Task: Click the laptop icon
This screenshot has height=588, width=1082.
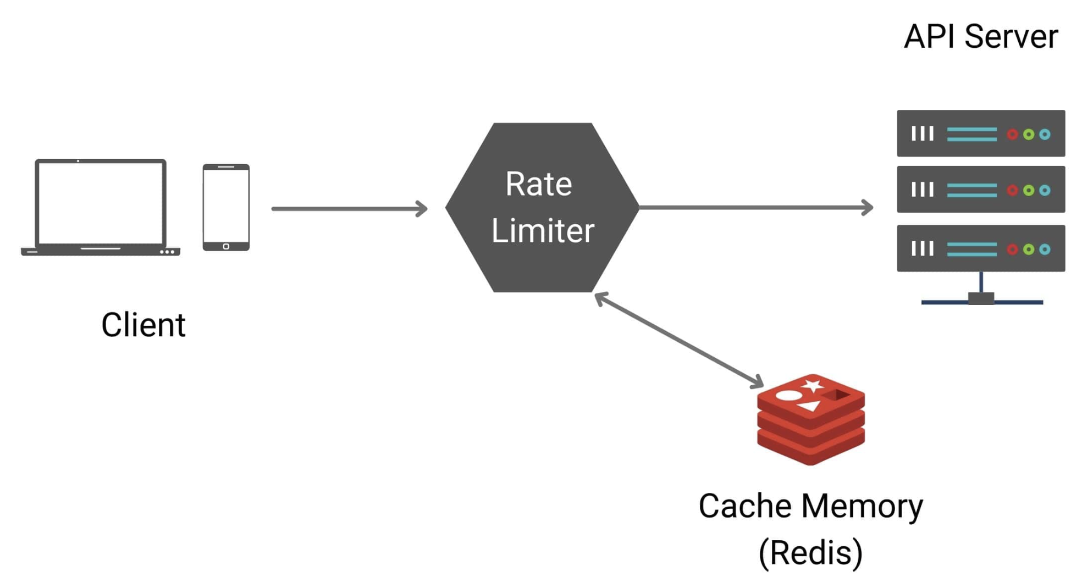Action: pos(101,208)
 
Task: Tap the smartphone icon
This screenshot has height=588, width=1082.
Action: pos(226,207)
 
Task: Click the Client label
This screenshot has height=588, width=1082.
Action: pos(143,325)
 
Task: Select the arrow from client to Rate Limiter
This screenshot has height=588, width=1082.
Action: pos(349,209)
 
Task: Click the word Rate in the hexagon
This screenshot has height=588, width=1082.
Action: pos(539,184)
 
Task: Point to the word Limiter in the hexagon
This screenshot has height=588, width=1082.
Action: pos(543,230)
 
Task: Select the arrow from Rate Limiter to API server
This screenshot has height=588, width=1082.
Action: pos(755,207)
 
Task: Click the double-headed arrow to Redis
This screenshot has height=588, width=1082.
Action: pos(679,340)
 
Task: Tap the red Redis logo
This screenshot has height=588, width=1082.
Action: pos(810,420)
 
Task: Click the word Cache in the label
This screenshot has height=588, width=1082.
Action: pos(745,506)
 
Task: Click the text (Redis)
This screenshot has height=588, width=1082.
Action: pos(810,552)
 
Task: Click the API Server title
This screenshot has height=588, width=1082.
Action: pos(980,37)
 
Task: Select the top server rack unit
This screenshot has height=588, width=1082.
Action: pos(980,134)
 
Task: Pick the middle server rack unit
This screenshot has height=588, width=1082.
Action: pos(980,190)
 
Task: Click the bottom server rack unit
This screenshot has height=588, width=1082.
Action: pos(980,248)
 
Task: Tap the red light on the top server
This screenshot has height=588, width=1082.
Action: pos(1012,134)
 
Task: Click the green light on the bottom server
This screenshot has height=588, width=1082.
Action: pos(1029,249)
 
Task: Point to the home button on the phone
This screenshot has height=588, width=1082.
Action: pos(226,246)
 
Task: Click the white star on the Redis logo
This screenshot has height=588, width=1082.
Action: pos(813,385)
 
